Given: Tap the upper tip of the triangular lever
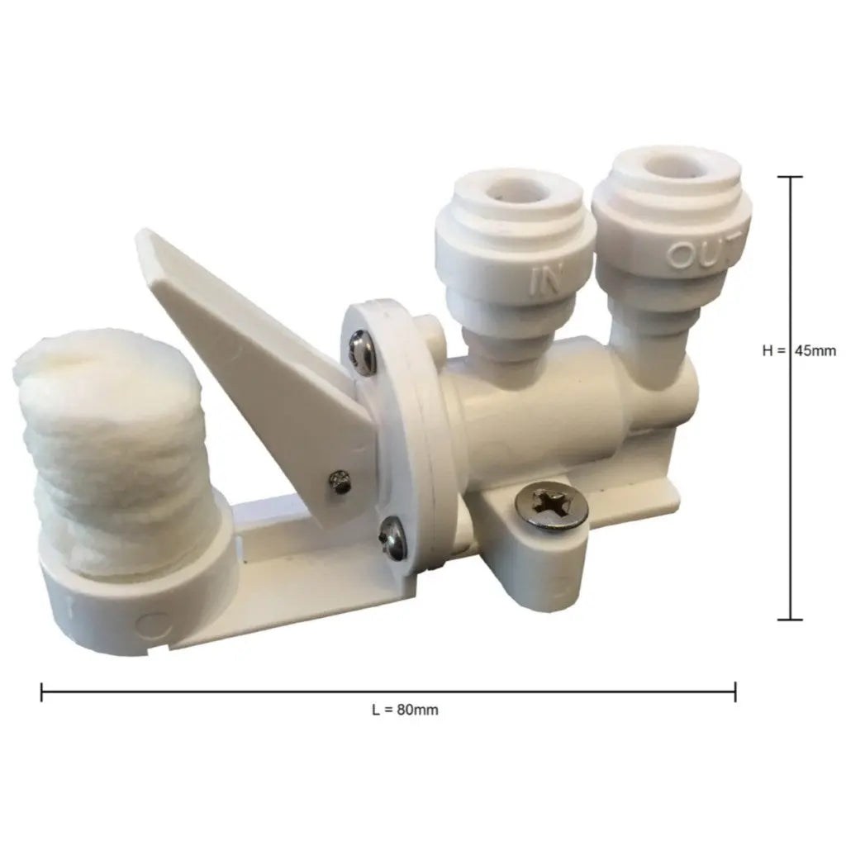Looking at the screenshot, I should (149, 242).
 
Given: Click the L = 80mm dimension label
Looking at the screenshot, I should (405, 710).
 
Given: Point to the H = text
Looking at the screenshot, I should (774, 350).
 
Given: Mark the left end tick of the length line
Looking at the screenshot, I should (42, 692).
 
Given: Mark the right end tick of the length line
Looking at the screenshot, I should (734, 692).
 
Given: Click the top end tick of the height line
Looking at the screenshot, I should (791, 178).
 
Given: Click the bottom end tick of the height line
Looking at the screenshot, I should (791, 619).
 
